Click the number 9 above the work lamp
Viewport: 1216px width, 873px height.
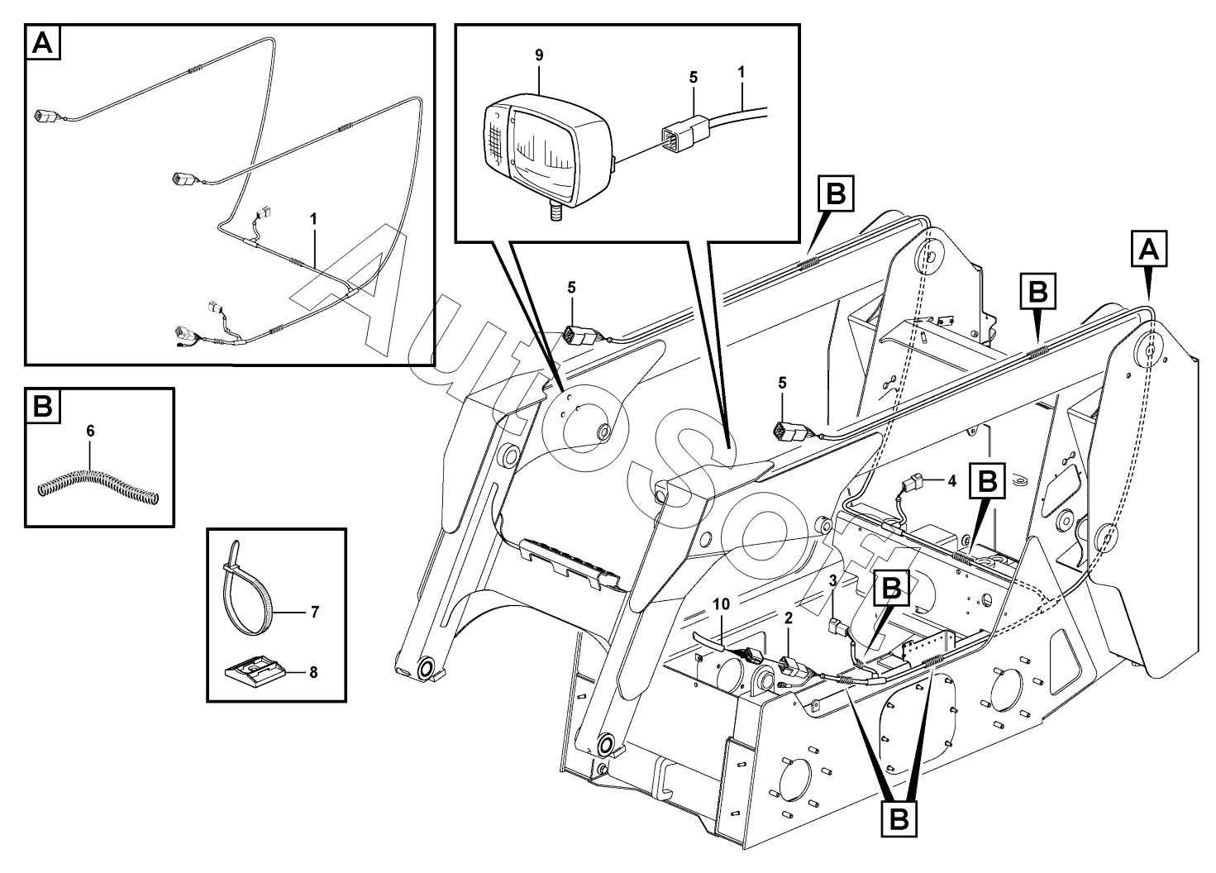(538, 55)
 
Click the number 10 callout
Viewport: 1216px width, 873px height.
(722, 603)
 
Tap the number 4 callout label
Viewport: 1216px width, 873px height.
(951, 481)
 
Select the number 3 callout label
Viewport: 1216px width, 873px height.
(832, 581)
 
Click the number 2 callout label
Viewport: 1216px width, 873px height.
(789, 618)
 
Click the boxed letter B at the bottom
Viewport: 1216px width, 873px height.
(899, 818)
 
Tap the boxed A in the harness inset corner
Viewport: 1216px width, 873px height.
(43, 42)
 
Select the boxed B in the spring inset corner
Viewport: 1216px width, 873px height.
(43, 405)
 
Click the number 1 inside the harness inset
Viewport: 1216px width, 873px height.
(313, 219)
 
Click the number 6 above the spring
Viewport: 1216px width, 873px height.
(90, 431)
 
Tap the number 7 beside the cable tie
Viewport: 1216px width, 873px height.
(314, 613)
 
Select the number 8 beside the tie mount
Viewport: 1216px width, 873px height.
(313, 673)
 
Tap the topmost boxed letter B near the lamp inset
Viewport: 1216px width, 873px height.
(836, 193)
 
